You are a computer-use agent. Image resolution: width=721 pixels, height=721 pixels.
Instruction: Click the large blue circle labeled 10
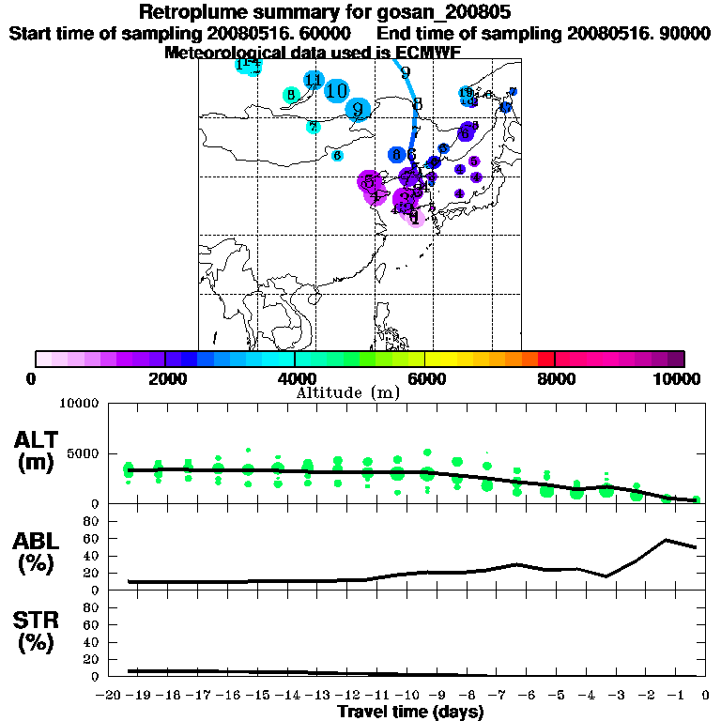337,90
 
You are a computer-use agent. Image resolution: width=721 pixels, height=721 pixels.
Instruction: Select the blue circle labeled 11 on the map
314,81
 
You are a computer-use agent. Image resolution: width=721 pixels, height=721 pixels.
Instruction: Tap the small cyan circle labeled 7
313,128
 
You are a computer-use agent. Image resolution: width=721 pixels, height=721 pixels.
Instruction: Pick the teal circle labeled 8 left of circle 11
291,95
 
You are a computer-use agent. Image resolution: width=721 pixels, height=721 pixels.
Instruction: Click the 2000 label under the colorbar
165,379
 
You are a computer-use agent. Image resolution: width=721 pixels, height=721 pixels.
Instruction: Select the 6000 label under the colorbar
425,379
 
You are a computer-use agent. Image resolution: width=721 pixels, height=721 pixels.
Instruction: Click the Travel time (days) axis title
410,712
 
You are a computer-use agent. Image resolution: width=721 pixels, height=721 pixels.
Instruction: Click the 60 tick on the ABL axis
92,538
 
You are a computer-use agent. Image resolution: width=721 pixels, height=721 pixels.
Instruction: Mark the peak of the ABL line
666,540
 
